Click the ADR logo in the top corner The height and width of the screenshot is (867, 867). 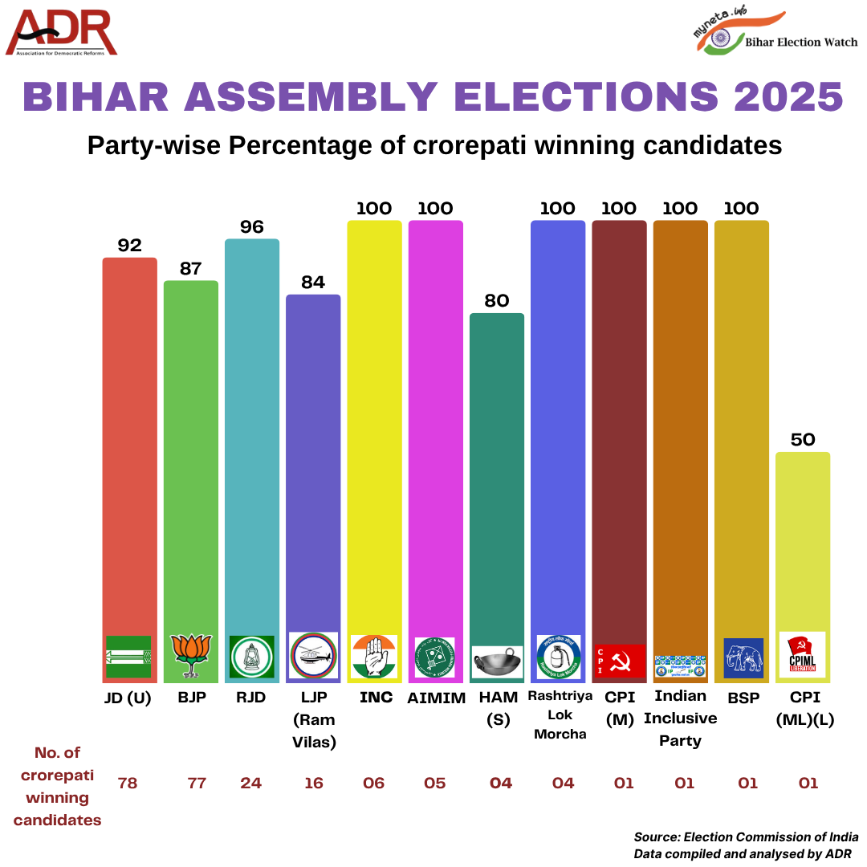click(62, 33)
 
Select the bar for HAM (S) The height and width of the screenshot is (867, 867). click(497, 482)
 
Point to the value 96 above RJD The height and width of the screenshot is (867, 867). click(252, 227)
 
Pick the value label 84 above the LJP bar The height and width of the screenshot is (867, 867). click(313, 283)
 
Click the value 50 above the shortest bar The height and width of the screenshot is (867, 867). click(803, 440)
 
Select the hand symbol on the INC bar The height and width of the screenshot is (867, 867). click(374, 656)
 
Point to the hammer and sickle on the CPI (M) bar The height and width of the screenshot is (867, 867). click(619, 661)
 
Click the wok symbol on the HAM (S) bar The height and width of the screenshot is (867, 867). click(497, 661)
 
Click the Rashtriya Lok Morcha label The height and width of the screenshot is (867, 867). click(560, 714)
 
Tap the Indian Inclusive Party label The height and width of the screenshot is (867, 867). click(680, 718)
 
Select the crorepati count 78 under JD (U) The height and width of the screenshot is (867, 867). click(128, 783)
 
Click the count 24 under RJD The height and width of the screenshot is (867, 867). click(251, 783)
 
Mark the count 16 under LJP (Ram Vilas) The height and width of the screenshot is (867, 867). click(313, 783)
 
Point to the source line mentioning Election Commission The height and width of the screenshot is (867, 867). click(746, 836)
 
